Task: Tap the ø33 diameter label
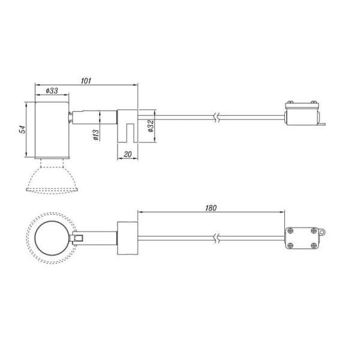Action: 52,92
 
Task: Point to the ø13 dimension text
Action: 96,136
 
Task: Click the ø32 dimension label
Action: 150,126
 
